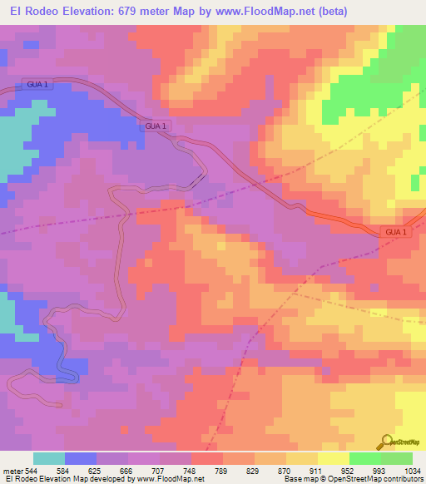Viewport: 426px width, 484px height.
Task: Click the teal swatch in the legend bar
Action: point(49,458)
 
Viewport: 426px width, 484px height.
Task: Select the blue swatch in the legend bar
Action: point(81,458)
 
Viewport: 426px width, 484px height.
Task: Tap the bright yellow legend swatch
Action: point(334,458)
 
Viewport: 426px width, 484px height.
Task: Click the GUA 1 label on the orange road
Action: point(396,232)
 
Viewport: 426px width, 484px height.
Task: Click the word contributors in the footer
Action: point(404,480)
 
